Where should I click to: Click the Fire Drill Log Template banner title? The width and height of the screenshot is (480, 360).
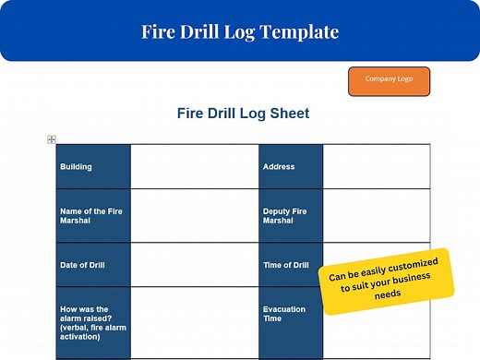click(x=239, y=31)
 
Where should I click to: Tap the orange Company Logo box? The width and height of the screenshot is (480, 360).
click(x=389, y=79)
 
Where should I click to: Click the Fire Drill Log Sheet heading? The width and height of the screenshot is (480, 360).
click(x=243, y=114)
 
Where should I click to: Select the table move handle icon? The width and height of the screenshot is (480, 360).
click(x=52, y=139)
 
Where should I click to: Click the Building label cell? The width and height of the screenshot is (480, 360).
click(x=92, y=167)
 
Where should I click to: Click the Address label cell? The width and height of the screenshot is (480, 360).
click(x=290, y=167)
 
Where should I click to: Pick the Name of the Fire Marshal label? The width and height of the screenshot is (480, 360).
click(x=92, y=215)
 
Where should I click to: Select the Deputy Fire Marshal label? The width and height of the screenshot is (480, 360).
click(x=290, y=215)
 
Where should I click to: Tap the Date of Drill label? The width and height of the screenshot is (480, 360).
click(x=92, y=265)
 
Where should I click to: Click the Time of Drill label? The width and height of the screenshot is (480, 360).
click(x=290, y=265)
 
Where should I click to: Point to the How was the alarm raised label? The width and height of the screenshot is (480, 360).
click(x=92, y=318)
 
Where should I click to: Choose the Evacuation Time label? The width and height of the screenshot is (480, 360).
click(x=290, y=315)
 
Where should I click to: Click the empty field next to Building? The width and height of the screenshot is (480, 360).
click(x=194, y=167)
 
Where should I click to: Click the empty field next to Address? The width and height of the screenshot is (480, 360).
click(x=376, y=167)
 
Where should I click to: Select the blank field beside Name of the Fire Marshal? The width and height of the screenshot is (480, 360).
click(x=194, y=215)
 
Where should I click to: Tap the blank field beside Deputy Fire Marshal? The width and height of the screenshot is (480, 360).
click(x=376, y=215)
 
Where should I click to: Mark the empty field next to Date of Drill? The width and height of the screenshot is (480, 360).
click(x=194, y=265)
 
